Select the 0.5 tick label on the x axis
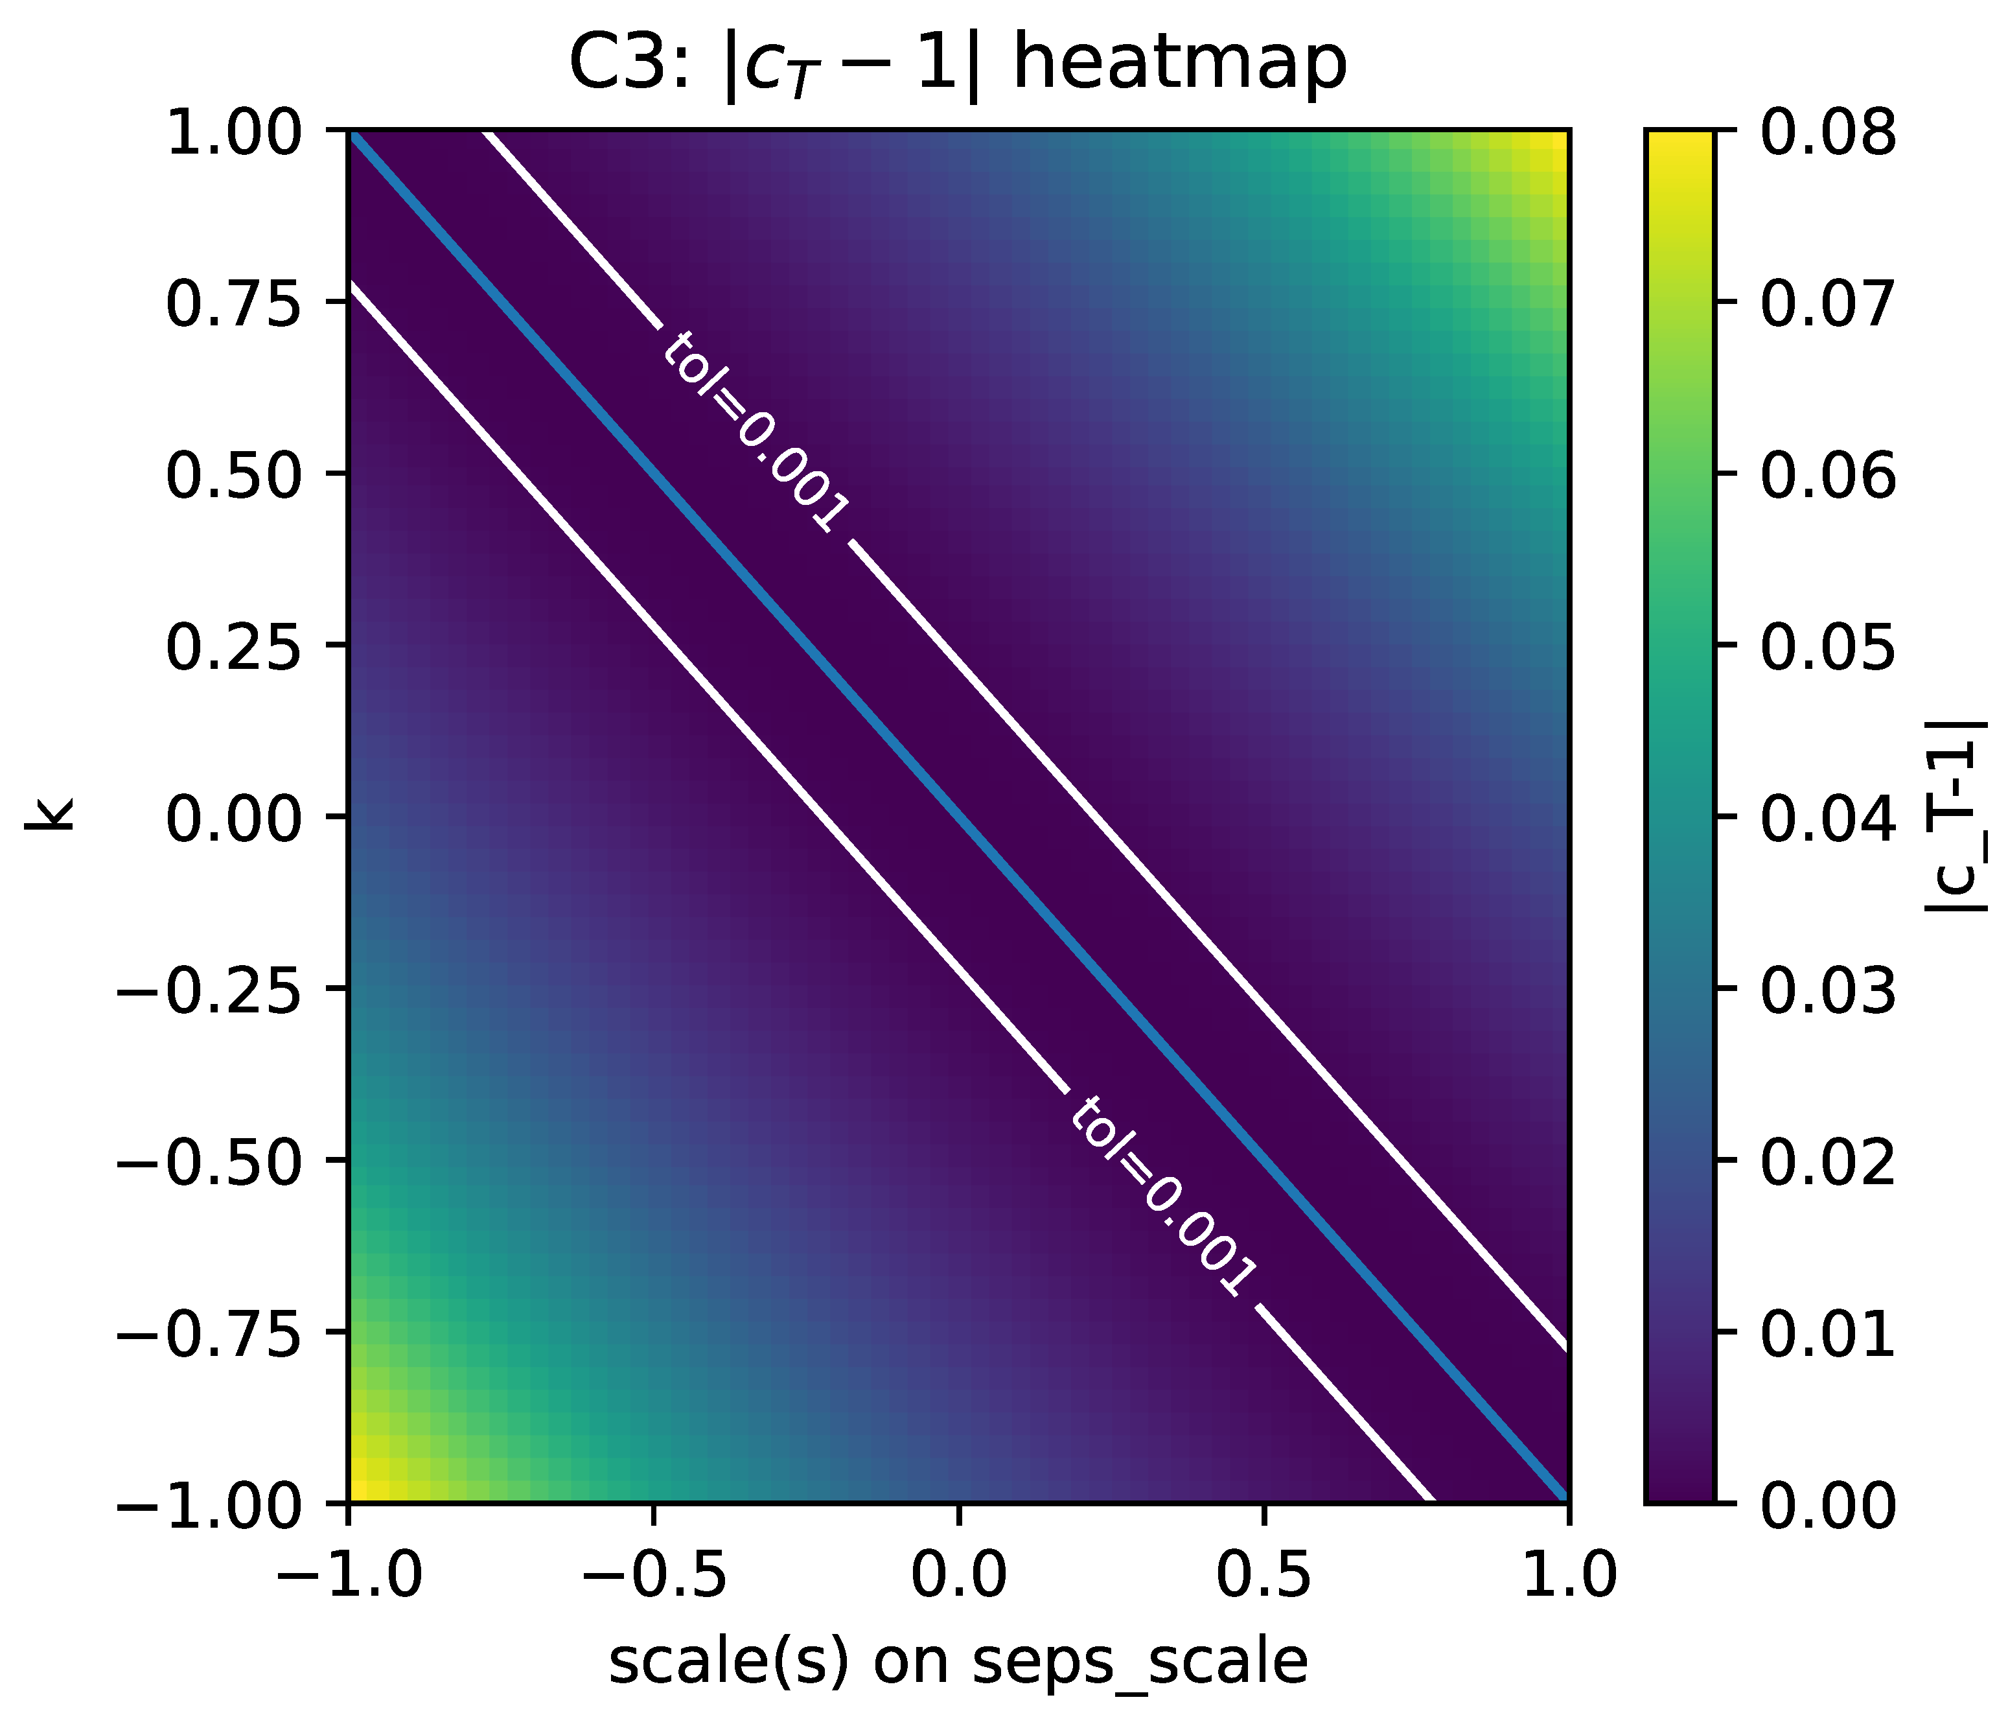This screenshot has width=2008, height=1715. coord(1263,1572)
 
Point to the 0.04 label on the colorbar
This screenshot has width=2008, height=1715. coord(1827,817)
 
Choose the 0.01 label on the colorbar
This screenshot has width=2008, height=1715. coord(1827,1333)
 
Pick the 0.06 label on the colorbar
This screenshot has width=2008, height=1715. coord(1827,475)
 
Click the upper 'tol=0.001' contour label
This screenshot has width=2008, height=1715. coord(756,432)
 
